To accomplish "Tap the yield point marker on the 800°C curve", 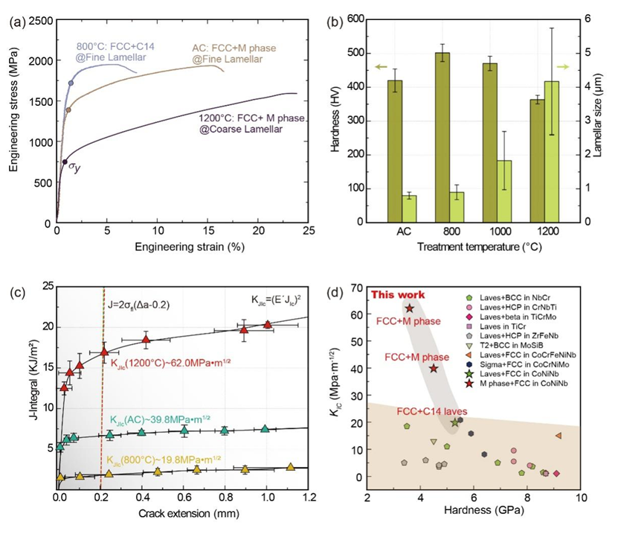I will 71,83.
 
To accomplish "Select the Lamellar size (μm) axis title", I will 606,121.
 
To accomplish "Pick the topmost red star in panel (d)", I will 409,308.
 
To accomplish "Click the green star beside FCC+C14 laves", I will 455,422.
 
